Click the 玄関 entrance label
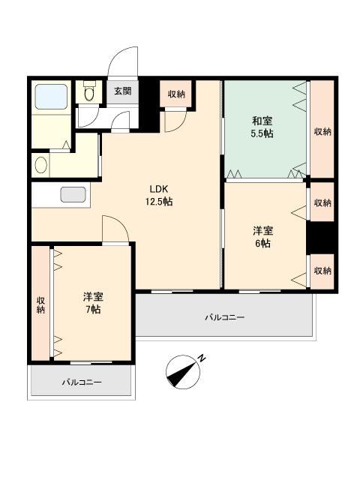point(123,91)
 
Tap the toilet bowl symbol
point(89,91)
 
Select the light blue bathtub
point(51,97)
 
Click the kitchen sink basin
point(73,194)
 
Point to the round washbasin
point(41,166)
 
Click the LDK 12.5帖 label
point(158,195)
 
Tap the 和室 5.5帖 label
point(262,127)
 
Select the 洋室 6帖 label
point(262,237)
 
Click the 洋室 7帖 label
point(93,303)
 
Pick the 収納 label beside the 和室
point(322,132)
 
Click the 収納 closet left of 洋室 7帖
point(40,304)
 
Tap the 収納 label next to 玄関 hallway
point(176,94)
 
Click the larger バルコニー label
point(225,317)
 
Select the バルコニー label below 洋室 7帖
point(82,382)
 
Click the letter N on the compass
point(202,358)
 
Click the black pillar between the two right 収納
point(320,238)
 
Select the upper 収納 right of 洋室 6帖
point(322,202)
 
